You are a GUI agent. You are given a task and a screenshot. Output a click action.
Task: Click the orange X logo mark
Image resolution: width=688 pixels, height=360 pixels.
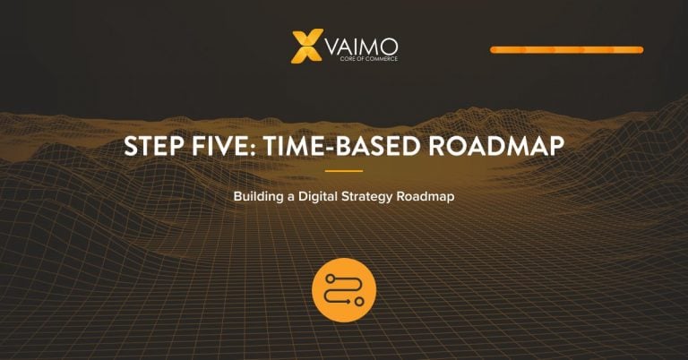pyautogui.click(x=307, y=46)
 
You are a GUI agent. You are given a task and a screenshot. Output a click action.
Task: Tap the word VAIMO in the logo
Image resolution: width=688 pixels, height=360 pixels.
pyautogui.click(x=362, y=46)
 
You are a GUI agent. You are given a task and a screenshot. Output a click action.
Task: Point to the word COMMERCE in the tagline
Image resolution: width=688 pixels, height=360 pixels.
pyautogui.click(x=382, y=58)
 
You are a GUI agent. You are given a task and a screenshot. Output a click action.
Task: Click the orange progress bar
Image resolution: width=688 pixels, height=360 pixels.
pyautogui.click(x=566, y=50)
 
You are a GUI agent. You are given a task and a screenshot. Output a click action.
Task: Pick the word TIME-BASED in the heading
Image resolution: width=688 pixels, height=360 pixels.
pyautogui.click(x=342, y=146)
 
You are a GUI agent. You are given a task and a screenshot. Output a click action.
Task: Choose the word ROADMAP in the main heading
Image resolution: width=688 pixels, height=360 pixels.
pyautogui.click(x=496, y=146)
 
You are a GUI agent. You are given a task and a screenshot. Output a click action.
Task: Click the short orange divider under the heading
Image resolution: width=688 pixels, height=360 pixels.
pyautogui.click(x=344, y=171)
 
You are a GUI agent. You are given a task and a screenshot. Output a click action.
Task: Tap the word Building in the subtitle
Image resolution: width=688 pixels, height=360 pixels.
pyautogui.click(x=258, y=196)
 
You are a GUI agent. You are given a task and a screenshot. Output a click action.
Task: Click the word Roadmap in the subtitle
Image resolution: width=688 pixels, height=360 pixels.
pyautogui.click(x=426, y=196)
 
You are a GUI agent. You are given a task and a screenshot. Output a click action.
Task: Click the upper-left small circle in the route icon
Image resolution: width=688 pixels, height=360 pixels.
pyautogui.click(x=330, y=279)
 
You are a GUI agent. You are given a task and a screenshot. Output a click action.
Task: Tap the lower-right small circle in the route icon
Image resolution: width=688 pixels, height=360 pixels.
pyautogui.click(x=359, y=302)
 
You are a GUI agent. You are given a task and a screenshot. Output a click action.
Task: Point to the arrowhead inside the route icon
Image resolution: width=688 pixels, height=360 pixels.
pyautogui.click(x=348, y=302)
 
